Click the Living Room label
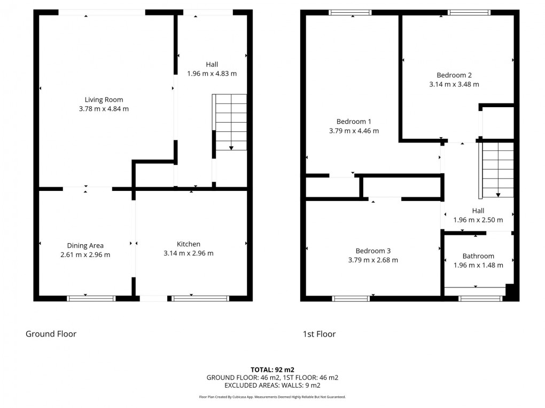[x=104, y=99]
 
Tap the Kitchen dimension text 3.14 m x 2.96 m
[x=188, y=253]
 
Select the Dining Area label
[x=85, y=245]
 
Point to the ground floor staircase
[x=230, y=122]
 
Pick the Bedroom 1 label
[x=354, y=121]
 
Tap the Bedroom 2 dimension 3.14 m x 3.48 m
[x=454, y=84]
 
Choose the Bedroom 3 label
[x=373, y=251]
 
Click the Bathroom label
[x=478, y=256]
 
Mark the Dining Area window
[x=91, y=299]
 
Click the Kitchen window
[x=200, y=299]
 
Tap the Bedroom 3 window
[x=351, y=299]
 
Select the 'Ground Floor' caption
[x=51, y=334]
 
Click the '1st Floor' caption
[x=319, y=334]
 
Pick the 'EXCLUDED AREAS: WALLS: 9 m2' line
[x=272, y=385]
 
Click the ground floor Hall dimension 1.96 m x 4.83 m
[x=212, y=74]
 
